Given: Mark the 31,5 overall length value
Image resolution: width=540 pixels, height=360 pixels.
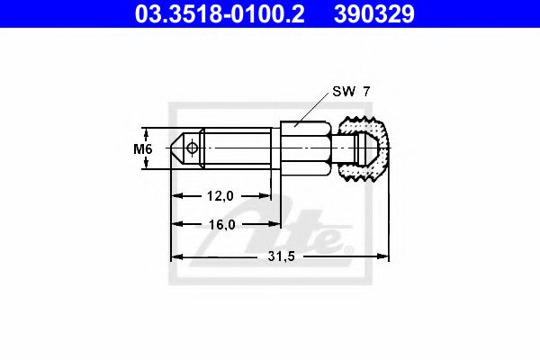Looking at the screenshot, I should point(281,256).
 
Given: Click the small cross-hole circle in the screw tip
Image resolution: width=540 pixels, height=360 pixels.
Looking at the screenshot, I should point(192,148).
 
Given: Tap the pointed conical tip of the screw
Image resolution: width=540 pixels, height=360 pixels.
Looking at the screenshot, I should point(176,148).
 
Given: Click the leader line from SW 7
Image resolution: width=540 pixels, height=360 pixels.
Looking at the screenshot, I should point(315,108).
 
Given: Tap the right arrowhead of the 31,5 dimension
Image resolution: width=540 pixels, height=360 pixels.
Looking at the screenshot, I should point(384,257).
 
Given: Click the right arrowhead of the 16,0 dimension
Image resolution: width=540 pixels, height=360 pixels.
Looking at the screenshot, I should point(275,225).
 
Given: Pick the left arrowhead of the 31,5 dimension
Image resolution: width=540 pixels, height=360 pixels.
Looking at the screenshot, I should point(176,257).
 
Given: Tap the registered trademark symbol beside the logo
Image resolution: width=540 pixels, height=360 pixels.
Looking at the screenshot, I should point(349,249).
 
